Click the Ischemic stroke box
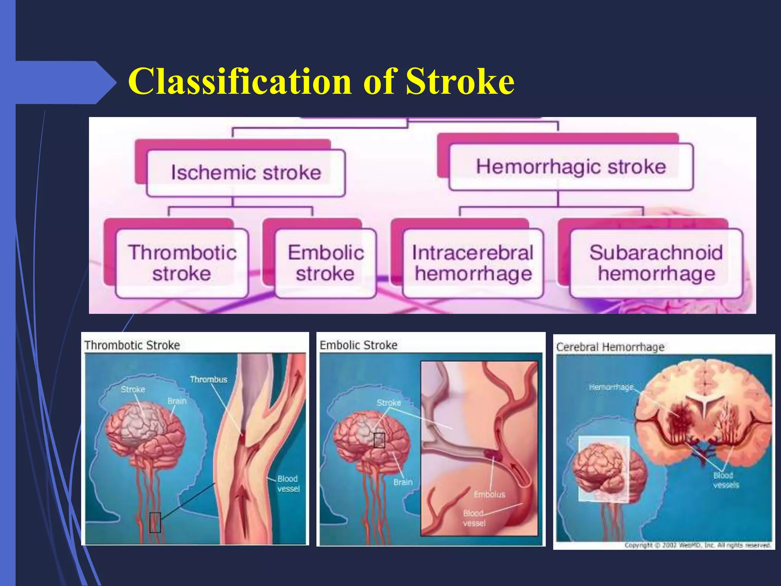246,172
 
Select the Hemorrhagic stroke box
571,167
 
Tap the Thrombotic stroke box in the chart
182,263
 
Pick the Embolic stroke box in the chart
326,263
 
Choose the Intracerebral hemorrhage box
473,263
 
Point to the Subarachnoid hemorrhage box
656,263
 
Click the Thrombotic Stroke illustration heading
132,345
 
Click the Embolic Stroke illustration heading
358,345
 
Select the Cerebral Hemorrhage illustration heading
610,347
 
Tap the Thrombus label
209,380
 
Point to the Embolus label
489,494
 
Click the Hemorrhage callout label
611,387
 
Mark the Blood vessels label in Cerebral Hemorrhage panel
726,480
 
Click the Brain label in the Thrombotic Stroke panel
177,401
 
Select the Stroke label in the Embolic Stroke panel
389,403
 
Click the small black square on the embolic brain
379,440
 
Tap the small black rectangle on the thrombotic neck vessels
155,522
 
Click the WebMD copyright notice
697,545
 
